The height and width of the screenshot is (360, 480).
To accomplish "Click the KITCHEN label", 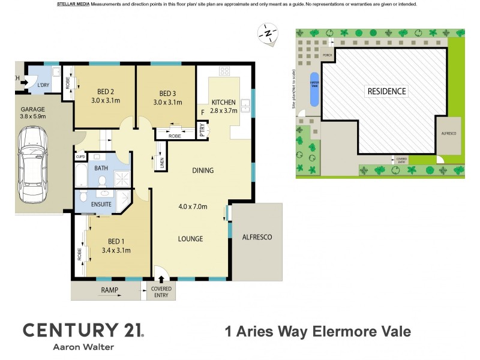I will pos(223,102).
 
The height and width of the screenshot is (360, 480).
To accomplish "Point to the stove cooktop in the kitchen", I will pos(224,71).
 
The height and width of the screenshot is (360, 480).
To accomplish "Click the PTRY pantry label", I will pos(202,131).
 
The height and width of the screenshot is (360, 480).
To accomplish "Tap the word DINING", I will pos(203,170).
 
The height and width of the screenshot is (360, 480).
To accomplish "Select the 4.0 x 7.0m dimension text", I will pos(193,207).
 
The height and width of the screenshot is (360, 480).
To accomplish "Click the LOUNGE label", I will pos(190,239).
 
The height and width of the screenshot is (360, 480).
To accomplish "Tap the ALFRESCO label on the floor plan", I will pos(257,237).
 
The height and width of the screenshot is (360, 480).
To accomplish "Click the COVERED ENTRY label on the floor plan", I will pos(161,292).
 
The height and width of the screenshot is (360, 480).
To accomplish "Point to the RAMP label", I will pos(109,291).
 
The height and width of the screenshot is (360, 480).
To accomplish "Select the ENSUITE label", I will pos(101,205).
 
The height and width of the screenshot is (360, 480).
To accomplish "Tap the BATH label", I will pos(101,168).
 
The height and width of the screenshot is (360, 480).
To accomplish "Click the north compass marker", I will pos(268,33).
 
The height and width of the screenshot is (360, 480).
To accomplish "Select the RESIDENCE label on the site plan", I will pos(386,92).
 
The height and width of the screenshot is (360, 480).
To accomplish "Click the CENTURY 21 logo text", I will pos(83,329).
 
